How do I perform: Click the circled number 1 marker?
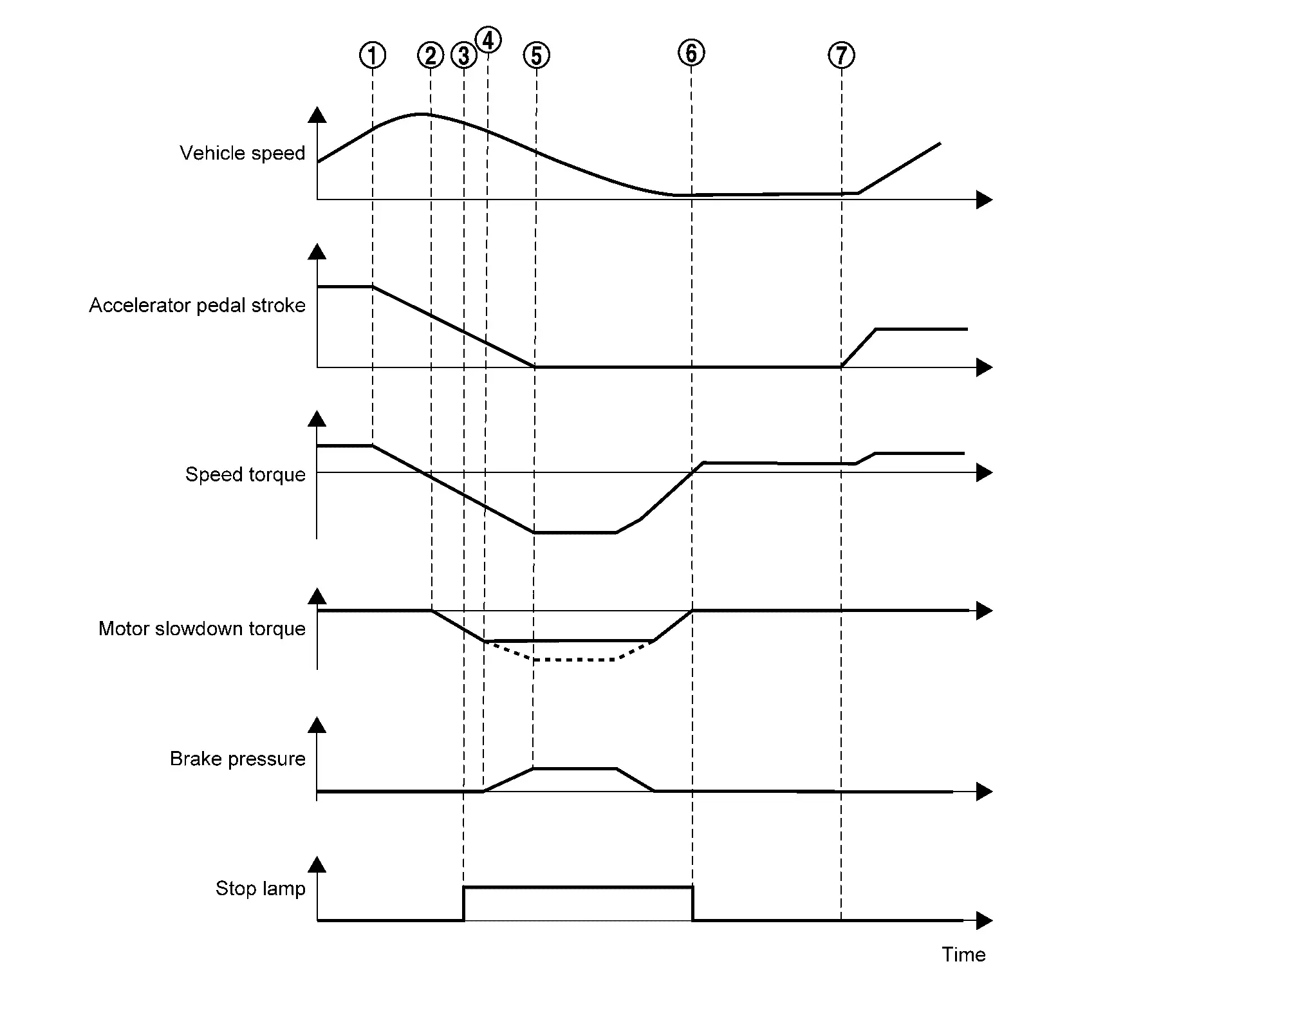[x=373, y=55]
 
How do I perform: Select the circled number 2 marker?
[x=431, y=55]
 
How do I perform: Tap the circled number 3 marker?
[x=464, y=55]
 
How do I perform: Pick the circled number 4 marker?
[x=488, y=40]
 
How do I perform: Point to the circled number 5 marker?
[x=537, y=55]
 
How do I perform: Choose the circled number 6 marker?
[x=691, y=53]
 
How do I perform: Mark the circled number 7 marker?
[x=841, y=55]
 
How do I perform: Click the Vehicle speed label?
[x=242, y=153]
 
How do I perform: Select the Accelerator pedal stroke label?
[x=197, y=305]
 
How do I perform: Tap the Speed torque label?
[x=245, y=474]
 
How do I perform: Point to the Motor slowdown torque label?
[x=202, y=629]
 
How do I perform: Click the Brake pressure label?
[x=237, y=759]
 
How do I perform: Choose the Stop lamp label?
[x=260, y=889]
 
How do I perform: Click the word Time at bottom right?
[x=963, y=954]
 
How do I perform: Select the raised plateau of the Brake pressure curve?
[x=575, y=768]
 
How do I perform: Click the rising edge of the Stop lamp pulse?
[x=463, y=904]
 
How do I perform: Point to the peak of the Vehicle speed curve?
[x=421, y=114]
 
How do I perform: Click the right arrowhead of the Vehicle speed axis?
[x=985, y=199]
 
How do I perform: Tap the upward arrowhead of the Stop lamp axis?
[x=317, y=864]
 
